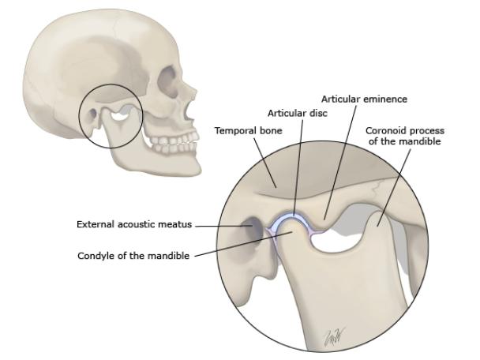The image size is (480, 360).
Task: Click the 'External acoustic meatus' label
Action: (134, 225)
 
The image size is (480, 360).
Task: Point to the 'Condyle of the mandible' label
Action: (133, 255)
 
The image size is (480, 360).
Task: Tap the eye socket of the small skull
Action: (168, 81)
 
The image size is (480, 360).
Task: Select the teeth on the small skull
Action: (173, 144)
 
